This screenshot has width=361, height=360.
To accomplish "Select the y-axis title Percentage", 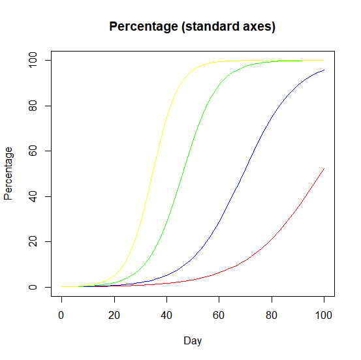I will (9, 173).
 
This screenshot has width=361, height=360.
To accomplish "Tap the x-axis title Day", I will (193, 340).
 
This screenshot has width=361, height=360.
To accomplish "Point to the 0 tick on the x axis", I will (62, 316).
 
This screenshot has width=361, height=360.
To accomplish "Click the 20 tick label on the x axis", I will (114, 316).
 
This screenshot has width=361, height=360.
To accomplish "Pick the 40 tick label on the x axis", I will (166, 316).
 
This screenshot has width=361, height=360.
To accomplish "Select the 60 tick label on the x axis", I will (219, 316).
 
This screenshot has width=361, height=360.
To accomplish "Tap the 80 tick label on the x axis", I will (272, 316).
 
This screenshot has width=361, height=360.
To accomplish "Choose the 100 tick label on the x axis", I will (324, 316).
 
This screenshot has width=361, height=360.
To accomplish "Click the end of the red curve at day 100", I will (324, 168).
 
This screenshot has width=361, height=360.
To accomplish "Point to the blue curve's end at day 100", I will (324, 70).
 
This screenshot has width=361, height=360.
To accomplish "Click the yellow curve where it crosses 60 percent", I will (159, 151).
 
